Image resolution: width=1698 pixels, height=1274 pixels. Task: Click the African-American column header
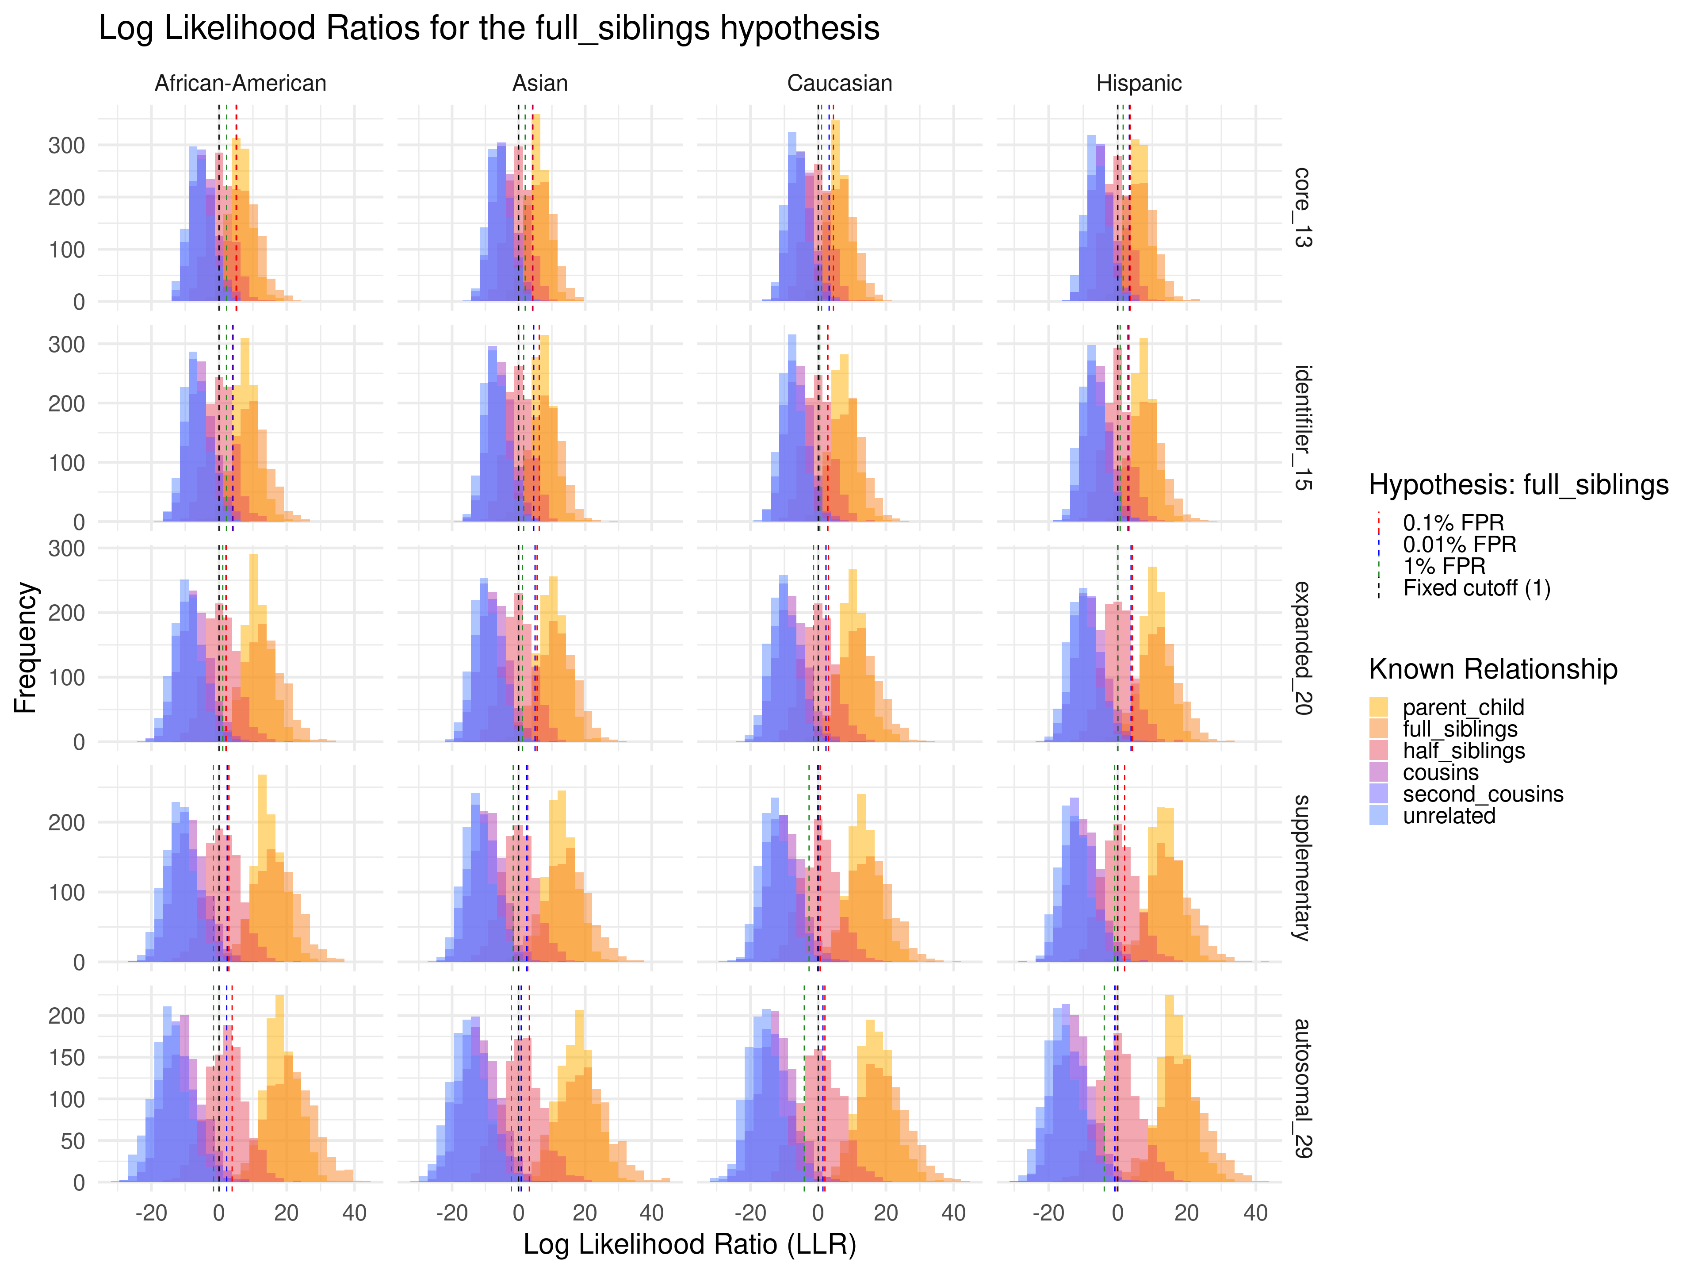[240, 83]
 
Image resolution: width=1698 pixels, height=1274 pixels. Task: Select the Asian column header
[539, 83]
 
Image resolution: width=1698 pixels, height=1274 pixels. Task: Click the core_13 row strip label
[1303, 207]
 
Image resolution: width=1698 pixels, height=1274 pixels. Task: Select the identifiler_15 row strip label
[1303, 428]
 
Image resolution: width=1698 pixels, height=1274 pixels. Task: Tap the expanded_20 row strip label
[1303, 647]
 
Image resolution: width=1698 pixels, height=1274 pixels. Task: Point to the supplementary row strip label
[1303, 868]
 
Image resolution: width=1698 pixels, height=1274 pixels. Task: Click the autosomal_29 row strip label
[1303, 1088]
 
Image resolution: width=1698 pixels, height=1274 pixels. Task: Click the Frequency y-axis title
[25, 647]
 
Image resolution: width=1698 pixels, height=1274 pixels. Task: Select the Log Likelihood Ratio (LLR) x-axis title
[689, 1243]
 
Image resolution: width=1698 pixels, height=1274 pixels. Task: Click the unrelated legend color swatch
[1379, 816]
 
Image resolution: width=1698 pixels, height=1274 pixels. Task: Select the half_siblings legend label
[1463, 750]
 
